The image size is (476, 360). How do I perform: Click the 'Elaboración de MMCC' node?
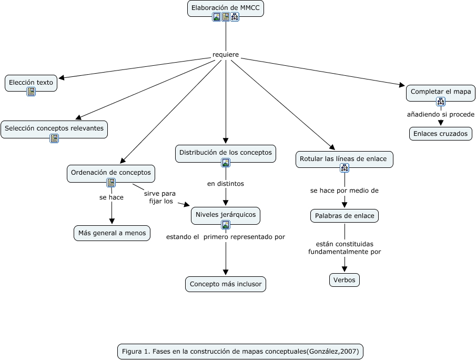(226, 8)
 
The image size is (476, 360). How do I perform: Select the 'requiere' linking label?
(226, 55)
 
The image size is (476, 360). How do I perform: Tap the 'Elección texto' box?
(31, 83)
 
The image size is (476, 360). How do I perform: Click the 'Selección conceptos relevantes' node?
(54, 129)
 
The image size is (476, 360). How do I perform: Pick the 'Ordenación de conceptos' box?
(111, 174)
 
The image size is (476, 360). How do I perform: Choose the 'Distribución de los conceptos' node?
(226, 153)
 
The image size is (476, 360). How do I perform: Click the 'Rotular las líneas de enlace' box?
(345, 159)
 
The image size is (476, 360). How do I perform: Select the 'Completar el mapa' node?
(441, 93)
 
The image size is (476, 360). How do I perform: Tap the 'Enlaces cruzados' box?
(440, 134)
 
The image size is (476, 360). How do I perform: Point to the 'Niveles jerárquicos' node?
(226, 216)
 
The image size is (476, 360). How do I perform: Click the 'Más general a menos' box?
(112, 233)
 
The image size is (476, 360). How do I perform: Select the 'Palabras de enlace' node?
(345, 216)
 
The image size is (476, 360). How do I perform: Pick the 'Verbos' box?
(345, 280)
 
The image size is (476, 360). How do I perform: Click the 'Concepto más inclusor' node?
(226, 284)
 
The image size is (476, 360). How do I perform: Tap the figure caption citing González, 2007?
(240, 352)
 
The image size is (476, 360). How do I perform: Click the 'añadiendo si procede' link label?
(441, 115)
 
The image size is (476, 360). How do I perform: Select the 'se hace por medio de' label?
(345, 191)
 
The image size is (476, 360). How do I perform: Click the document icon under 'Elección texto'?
(31, 92)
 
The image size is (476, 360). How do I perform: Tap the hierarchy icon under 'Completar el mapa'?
(441, 102)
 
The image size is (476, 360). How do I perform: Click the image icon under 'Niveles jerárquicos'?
(226, 225)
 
